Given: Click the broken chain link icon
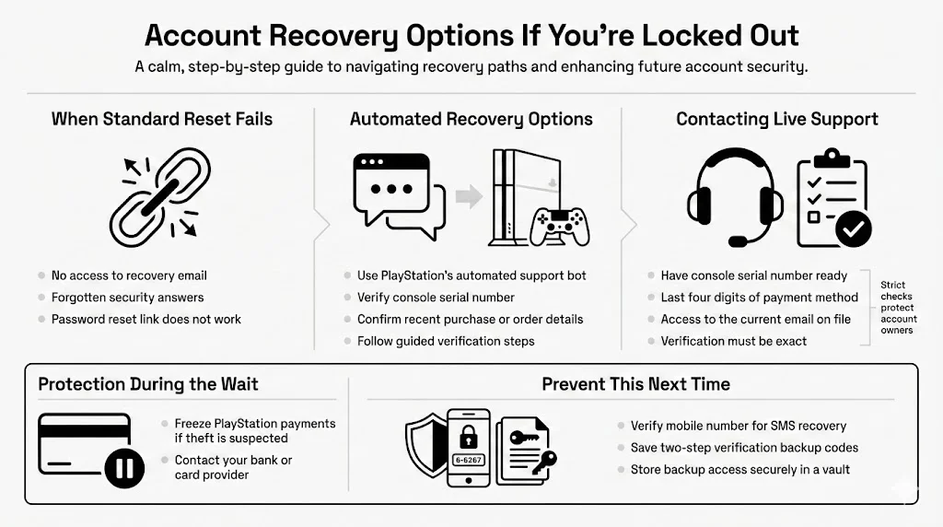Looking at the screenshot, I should point(160,195).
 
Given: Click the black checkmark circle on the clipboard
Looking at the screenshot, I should point(852,228).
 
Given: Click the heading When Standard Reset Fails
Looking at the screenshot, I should point(161,119).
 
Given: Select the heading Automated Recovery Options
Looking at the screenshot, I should point(471,119).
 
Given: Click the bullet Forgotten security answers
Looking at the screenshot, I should point(127,298).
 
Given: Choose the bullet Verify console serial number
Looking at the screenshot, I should point(436,298).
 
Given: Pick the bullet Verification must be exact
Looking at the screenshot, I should point(733,341).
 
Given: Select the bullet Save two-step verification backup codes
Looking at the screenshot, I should point(744,448).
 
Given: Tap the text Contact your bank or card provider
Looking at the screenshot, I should point(233,467).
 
